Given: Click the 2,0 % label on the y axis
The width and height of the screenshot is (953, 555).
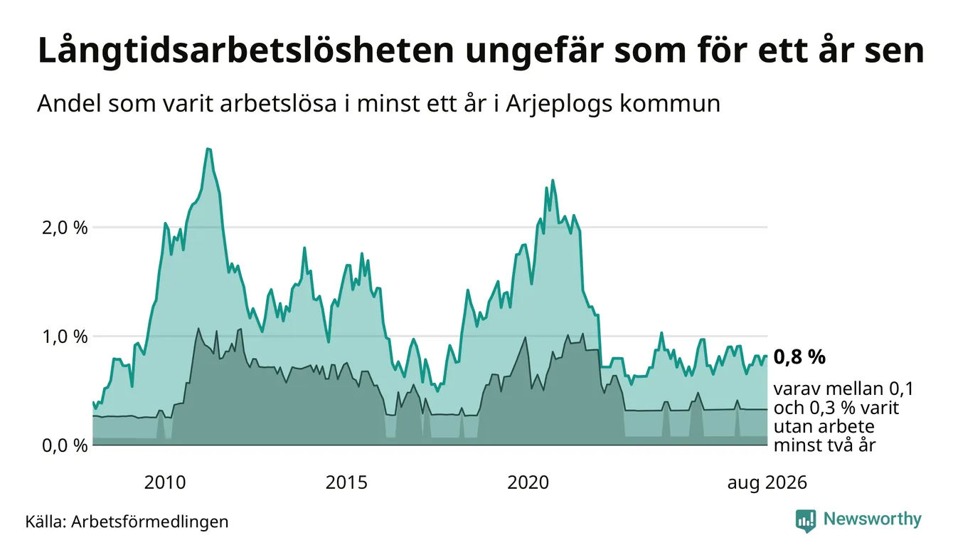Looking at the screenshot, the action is (x=65, y=228).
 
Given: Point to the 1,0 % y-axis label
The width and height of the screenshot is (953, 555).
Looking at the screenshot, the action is (x=65, y=337).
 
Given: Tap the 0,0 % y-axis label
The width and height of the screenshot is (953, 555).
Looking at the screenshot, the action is (x=65, y=445).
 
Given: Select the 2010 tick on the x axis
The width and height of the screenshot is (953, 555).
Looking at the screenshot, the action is (x=165, y=482).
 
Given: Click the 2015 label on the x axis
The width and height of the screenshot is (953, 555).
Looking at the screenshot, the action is (x=346, y=482).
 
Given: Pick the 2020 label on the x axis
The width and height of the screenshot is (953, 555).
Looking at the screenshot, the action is (x=528, y=482).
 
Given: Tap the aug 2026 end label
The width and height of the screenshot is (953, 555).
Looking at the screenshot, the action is (x=767, y=483).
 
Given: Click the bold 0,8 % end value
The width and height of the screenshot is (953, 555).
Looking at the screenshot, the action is (x=799, y=356).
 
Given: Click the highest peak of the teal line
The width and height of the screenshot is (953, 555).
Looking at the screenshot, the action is (x=208, y=149).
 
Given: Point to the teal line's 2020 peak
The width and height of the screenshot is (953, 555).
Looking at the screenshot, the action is (x=553, y=181).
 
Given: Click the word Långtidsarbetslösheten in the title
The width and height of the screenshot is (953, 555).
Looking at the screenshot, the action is (x=246, y=51).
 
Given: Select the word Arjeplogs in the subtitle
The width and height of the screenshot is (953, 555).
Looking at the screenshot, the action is (x=559, y=104).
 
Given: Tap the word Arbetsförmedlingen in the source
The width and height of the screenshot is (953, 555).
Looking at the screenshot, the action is (x=150, y=522).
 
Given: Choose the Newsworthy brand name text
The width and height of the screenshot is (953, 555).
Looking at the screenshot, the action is (x=873, y=519).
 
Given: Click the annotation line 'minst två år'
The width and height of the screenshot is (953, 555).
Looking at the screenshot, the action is (x=824, y=445).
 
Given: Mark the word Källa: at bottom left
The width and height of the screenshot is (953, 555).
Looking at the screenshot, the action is (x=46, y=522).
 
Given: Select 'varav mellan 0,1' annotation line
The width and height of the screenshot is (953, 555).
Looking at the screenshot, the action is (x=843, y=389).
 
